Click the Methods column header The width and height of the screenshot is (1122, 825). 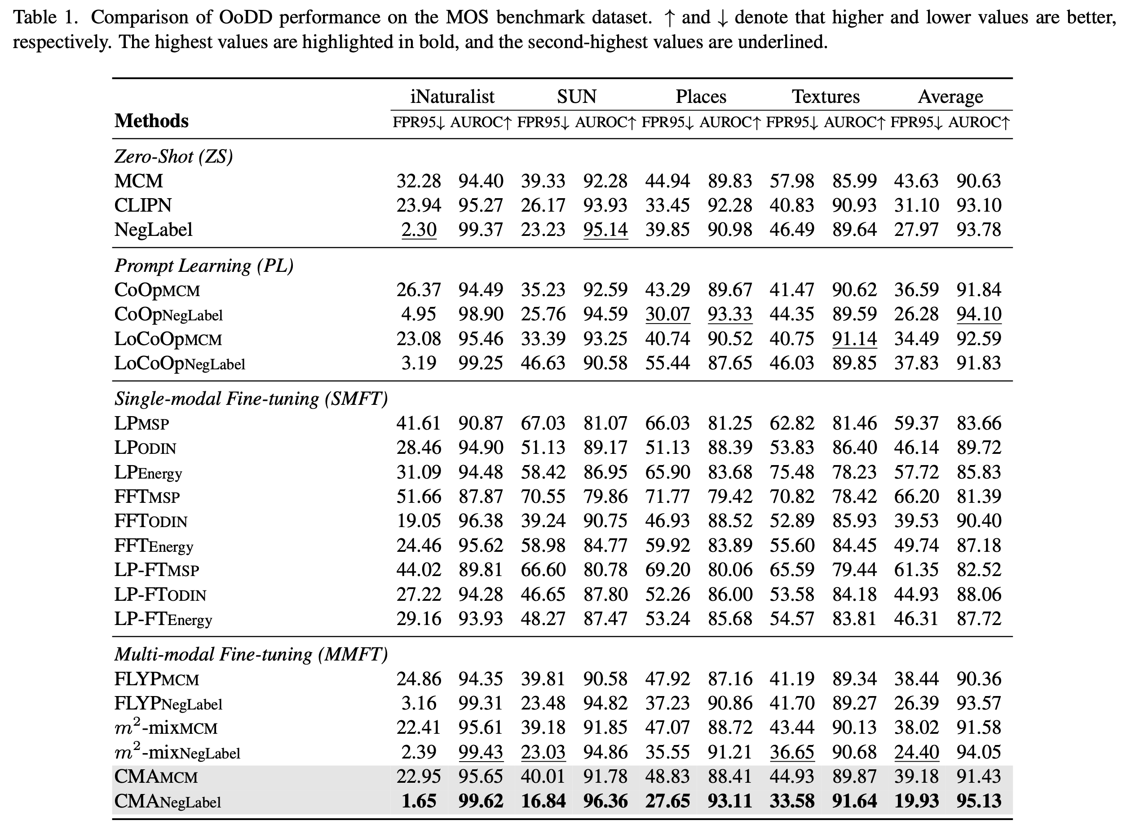(151, 121)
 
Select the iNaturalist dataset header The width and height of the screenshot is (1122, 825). (452, 96)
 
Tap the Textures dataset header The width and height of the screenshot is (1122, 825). (826, 96)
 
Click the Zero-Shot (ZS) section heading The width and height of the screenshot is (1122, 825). (174, 157)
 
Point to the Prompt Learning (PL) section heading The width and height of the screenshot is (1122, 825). (203, 266)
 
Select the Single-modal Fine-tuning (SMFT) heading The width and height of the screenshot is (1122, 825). (251, 399)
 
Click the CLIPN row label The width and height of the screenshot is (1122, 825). (143, 205)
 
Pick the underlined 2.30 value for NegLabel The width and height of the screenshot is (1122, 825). (419, 230)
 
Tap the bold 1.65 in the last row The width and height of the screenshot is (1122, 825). (419, 801)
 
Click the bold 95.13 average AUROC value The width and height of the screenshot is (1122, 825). (979, 801)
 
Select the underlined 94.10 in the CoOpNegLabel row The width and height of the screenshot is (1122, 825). (979, 314)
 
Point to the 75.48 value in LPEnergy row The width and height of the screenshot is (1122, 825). (791, 472)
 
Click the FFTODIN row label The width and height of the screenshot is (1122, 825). (151, 521)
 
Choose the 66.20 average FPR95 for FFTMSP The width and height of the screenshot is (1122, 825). (916, 497)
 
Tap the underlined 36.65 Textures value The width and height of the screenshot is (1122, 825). (792, 752)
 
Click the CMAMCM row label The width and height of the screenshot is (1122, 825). (156, 776)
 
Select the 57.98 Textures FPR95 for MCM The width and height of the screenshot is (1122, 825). (791, 181)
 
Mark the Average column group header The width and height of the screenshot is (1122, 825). (950, 96)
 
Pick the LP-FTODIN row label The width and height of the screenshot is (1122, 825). (160, 594)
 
